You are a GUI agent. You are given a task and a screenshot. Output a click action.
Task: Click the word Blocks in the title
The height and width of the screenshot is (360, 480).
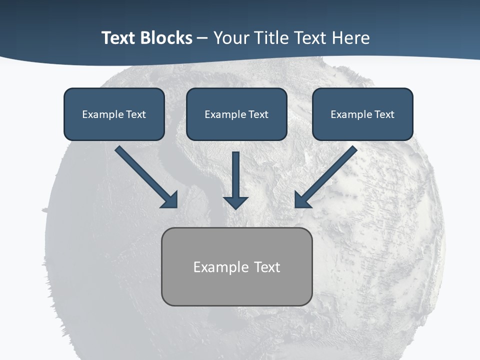click(167, 38)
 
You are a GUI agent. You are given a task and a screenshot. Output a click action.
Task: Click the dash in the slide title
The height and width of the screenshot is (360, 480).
click(202, 38)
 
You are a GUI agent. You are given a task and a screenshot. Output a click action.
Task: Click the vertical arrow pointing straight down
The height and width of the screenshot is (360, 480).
click(235, 175)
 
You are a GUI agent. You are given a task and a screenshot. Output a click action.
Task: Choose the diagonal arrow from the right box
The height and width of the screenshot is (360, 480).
click(330, 172)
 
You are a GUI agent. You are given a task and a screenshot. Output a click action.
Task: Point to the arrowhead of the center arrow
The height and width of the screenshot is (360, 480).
click(235, 202)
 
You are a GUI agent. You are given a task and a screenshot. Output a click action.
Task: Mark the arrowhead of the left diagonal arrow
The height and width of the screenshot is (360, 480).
click(170, 200)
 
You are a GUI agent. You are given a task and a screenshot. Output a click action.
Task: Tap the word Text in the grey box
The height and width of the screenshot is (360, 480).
click(267, 267)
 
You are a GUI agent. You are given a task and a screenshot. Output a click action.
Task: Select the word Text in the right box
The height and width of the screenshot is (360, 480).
click(384, 114)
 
